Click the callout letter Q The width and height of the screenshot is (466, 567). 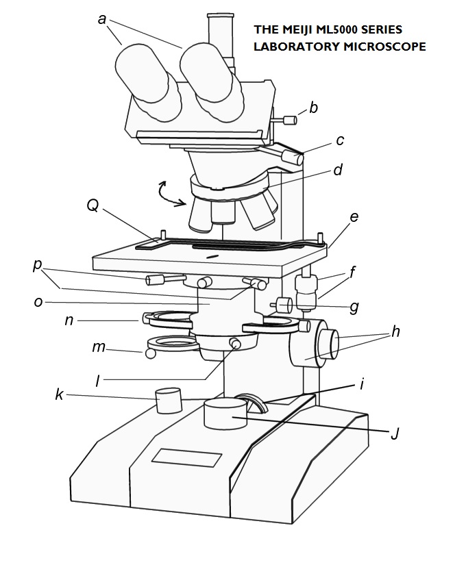click(91, 205)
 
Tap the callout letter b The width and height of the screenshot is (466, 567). click(313, 108)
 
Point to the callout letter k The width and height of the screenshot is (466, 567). click(60, 394)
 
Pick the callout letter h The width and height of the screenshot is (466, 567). click(395, 331)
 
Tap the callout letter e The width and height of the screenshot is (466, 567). click(354, 218)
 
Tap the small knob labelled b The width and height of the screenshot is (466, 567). click(289, 121)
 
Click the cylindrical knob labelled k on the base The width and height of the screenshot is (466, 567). click(168, 401)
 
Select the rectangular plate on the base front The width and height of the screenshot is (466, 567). click(187, 458)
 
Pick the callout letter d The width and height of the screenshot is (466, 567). click(337, 169)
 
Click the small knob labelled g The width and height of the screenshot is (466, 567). click(280, 303)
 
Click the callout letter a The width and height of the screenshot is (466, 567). click(103, 18)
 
